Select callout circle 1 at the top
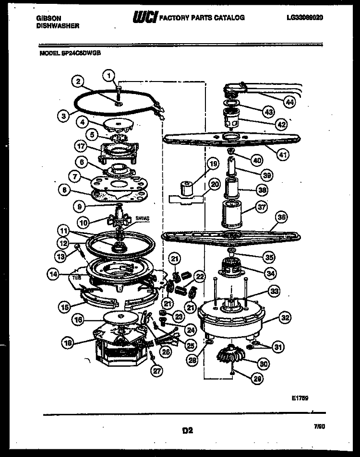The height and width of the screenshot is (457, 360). (x=109, y=74)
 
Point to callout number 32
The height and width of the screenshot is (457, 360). (x=285, y=317)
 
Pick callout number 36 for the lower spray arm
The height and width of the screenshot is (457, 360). (x=282, y=217)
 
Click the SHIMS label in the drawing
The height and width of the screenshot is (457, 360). (x=143, y=218)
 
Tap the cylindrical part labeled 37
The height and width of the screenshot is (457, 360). (x=232, y=214)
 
